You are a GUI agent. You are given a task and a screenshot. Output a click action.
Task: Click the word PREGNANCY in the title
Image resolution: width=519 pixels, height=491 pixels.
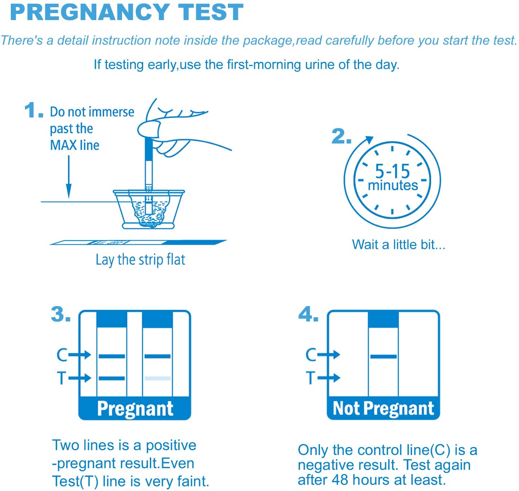coord(90,12)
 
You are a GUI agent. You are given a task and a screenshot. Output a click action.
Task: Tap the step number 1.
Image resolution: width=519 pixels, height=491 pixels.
coord(33,110)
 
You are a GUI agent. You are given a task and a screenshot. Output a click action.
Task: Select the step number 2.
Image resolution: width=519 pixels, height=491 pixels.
coord(341,136)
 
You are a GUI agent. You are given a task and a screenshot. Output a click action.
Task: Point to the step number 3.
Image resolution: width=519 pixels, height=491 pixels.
coord(61,314)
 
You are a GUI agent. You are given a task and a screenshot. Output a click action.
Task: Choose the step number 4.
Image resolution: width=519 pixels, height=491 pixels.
coord(308,314)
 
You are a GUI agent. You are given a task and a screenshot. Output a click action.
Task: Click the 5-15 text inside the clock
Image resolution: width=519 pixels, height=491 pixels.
coord(392,171)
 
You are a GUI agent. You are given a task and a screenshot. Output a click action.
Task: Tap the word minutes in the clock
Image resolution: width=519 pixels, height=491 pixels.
coord(393,185)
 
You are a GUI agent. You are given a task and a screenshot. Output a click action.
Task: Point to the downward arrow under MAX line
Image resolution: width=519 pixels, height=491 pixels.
coord(69,177)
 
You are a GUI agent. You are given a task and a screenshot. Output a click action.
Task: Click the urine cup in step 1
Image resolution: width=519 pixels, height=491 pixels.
coord(149,209)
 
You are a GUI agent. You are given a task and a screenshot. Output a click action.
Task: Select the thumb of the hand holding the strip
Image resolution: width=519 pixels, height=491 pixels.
coord(149,129)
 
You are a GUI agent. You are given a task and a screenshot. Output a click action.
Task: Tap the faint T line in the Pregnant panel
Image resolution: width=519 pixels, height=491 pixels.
coord(157,378)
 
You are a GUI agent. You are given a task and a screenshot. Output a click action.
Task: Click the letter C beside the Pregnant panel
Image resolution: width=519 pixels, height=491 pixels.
coord(62,355)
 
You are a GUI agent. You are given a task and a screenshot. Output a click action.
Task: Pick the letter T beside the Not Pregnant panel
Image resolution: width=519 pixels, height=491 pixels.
coord(311,378)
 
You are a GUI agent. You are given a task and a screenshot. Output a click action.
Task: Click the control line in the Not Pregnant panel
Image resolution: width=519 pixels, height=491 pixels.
coord(383,357)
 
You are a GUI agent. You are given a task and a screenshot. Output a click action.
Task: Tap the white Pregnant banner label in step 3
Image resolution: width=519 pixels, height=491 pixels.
coord(135,409)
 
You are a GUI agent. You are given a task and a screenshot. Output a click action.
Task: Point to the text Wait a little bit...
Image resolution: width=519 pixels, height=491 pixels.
coord(399,244)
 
